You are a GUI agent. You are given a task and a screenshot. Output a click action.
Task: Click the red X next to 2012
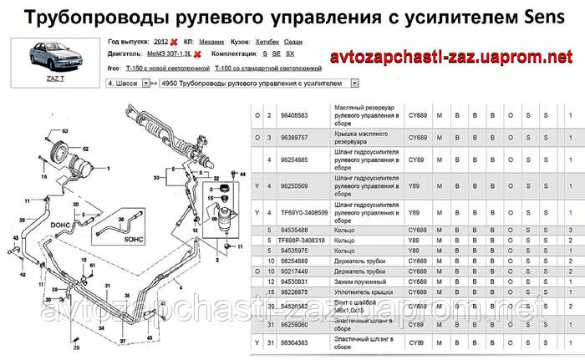[x=174, y=41]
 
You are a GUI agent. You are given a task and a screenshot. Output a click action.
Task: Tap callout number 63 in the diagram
[x=64, y=132]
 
